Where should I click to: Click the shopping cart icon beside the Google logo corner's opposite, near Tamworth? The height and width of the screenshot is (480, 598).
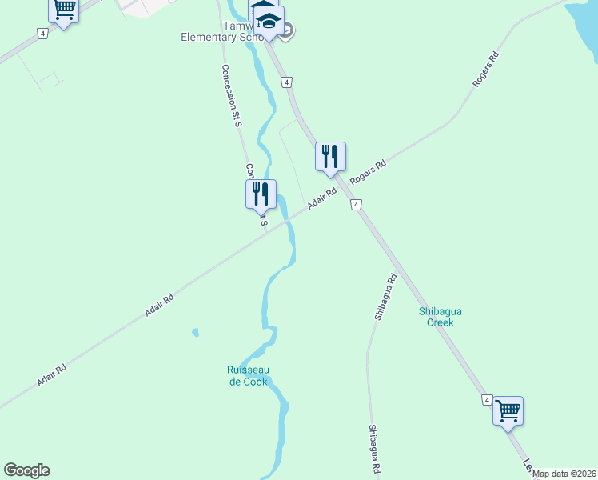[x=63, y=10]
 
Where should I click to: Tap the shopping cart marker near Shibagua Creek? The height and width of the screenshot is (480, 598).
[x=508, y=411]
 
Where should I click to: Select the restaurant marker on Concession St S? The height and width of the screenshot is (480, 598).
[x=261, y=194]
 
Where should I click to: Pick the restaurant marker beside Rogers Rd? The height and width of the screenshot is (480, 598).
[x=330, y=157]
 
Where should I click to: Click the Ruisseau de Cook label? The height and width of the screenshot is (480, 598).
[x=247, y=375]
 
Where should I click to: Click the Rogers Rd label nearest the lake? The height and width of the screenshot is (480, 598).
[x=486, y=70]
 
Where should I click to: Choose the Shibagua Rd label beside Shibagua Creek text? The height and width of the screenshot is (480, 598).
[x=385, y=298]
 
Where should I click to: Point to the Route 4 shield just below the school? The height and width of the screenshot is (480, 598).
[x=286, y=82]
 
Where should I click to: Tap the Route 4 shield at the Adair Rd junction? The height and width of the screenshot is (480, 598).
[x=356, y=205]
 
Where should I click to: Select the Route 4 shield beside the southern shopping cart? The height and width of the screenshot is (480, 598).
[x=486, y=399]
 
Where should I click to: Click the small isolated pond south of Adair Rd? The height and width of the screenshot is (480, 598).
[x=195, y=332]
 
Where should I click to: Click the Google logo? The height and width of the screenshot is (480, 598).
[x=26, y=470]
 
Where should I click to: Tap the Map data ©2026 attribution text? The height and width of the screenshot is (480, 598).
[x=564, y=474]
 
